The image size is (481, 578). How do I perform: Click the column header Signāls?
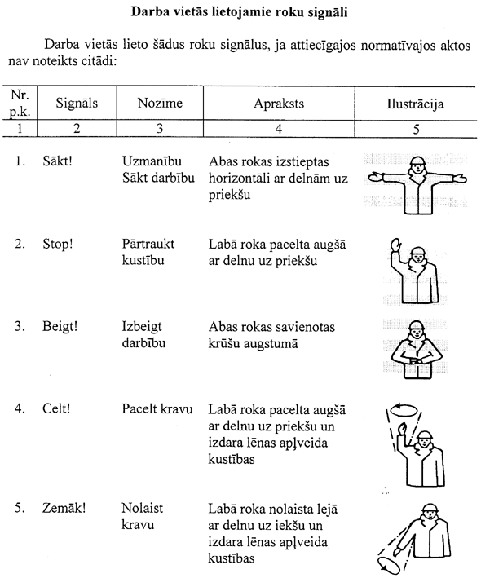click(x=77, y=103)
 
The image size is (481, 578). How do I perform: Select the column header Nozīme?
click(x=160, y=103)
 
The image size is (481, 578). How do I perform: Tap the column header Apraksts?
click(x=279, y=104)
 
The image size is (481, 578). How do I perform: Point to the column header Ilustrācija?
click(x=416, y=104)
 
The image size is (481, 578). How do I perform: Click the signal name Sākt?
click(x=57, y=161)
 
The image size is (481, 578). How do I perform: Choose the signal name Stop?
click(x=58, y=244)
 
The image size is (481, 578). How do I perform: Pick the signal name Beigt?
click(x=60, y=327)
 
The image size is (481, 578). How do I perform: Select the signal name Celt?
click(x=56, y=408)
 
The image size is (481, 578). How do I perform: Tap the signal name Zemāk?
click(x=64, y=508)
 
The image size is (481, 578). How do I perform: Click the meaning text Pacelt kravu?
click(x=157, y=408)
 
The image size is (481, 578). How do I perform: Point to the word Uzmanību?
click(x=152, y=161)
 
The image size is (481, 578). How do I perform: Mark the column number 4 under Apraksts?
click(x=279, y=129)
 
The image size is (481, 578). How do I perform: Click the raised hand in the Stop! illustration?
click(x=395, y=245)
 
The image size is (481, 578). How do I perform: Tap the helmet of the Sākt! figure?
click(x=417, y=161)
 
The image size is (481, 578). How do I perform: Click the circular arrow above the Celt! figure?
click(x=404, y=409)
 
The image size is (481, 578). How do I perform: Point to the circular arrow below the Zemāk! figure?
click(x=389, y=564)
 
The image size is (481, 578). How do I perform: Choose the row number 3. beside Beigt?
click(x=20, y=327)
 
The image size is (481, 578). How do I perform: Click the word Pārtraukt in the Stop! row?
click(x=148, y=244)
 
